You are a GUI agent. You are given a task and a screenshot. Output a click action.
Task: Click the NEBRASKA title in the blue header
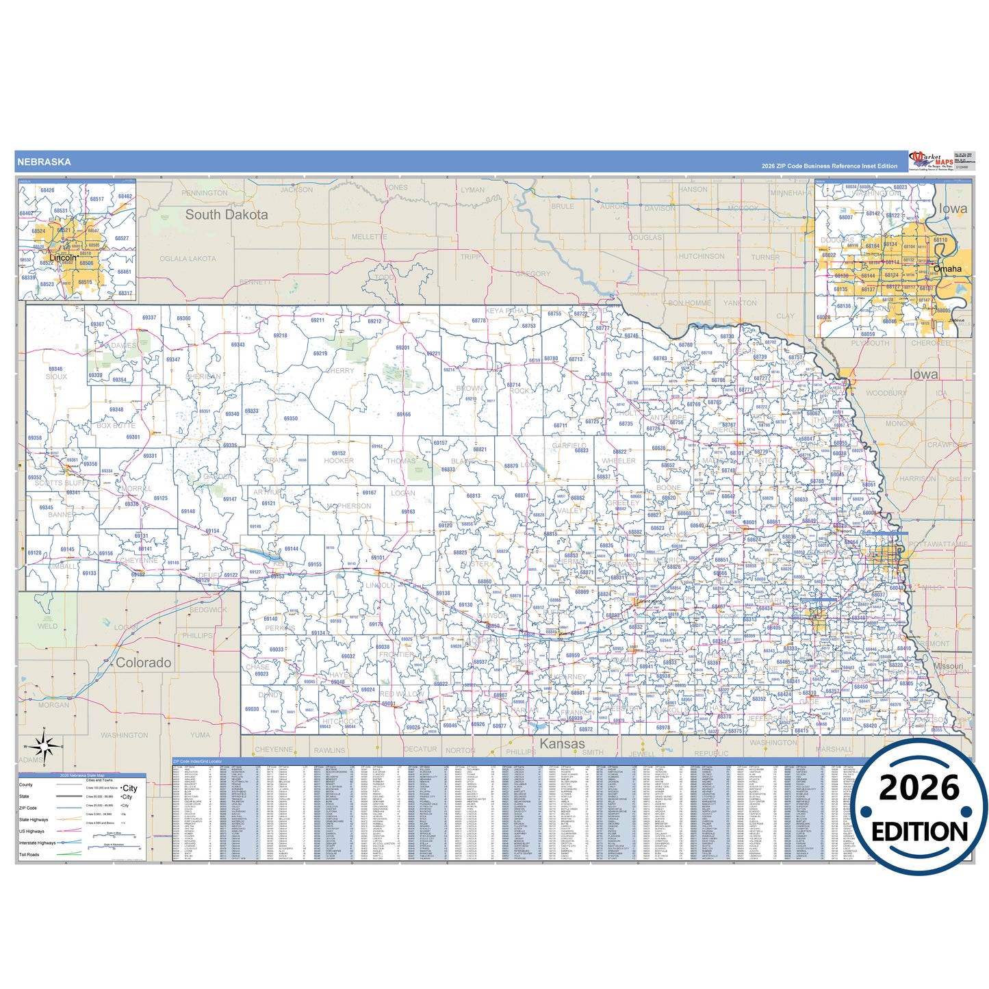click(44, 162)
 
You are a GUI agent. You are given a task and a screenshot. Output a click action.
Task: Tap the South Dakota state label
click(227, 215)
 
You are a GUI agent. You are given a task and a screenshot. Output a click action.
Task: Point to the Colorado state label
click(143, 663)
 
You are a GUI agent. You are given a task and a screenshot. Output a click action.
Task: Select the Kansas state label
click(563, 744)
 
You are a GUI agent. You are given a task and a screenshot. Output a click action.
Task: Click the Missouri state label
click(948, 666)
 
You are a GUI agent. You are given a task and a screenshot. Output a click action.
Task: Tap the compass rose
click(44, 745)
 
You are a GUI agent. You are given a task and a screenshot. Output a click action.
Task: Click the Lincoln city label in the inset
click(63, 257)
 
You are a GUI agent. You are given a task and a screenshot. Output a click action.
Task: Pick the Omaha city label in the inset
click(947, 269)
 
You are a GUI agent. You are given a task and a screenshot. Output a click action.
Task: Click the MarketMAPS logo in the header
click(931, 162)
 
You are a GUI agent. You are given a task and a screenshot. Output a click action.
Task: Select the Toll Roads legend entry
click(29, 855)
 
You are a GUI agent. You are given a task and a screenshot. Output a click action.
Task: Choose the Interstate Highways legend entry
click(37, 843)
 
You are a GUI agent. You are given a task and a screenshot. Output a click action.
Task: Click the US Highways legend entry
click(31, 832)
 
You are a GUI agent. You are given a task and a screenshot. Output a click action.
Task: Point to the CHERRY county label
click(340, 371)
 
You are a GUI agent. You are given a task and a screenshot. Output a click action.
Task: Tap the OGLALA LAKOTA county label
click(188, 259)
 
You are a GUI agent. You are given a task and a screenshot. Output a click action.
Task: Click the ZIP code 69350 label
click(291, 419)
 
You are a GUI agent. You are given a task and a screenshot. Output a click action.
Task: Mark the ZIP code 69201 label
click(402, 348)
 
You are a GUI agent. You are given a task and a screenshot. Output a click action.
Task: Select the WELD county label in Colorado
click(47, 626)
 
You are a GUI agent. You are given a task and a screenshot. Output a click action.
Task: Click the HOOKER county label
click(339, 461)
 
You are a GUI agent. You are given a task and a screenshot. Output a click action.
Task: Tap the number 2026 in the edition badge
click(919, 788)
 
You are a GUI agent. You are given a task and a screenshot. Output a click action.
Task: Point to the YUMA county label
click(200, 735)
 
